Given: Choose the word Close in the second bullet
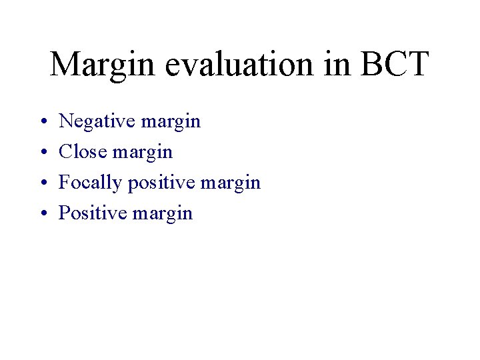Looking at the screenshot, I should pos(83,152).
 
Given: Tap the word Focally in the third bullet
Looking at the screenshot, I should pos(91,183).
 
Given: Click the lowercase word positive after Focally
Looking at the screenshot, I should pos(160,183).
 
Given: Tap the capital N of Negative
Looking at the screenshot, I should pos(67,121).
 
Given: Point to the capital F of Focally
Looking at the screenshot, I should pos(65,183).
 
